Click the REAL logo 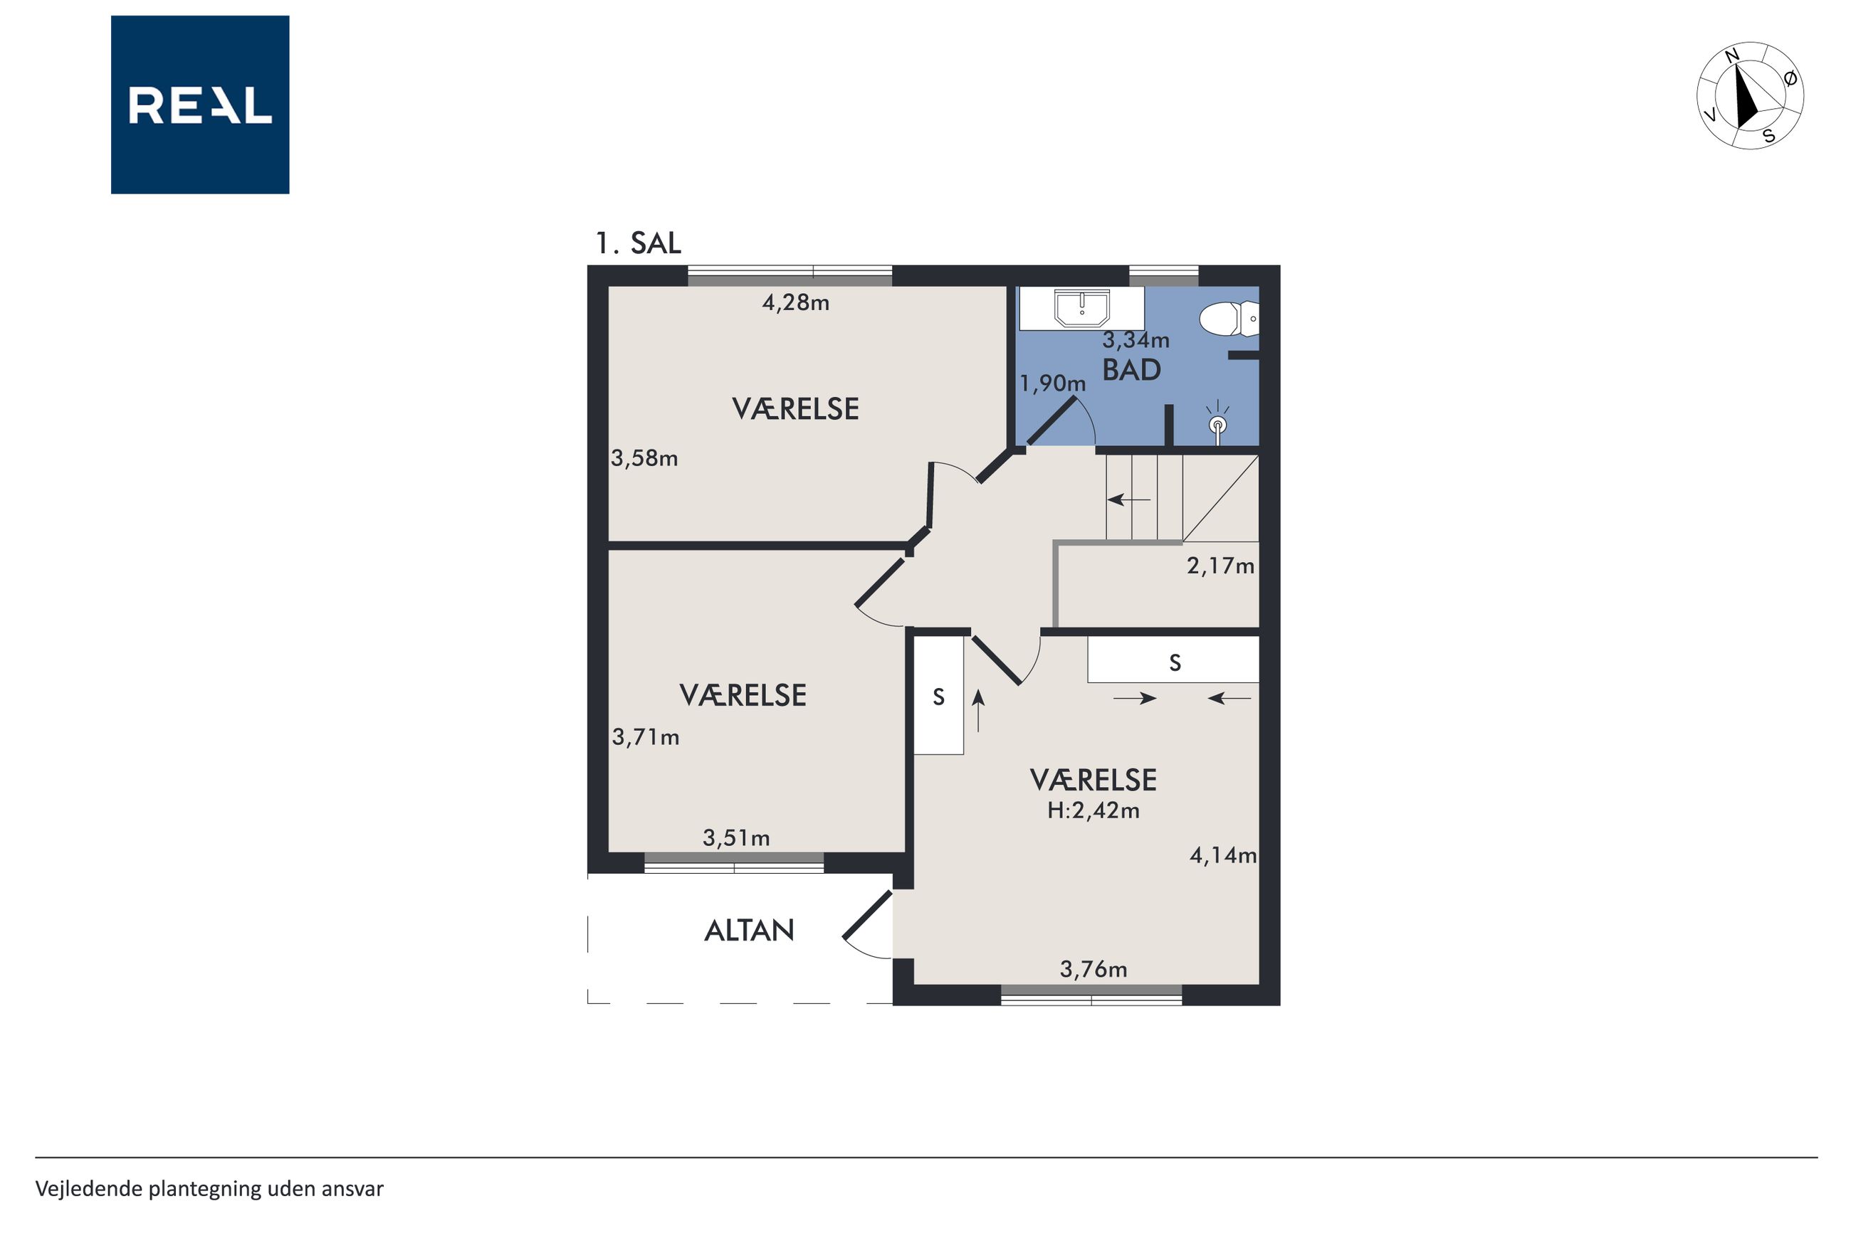(200, 105)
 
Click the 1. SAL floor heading (638, 243)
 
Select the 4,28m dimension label (795, 303)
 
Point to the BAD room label (1131, 369)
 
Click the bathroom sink (1081, 307)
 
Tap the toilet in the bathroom (1228, 319)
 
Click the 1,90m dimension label (1052, 383)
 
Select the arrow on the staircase (1129, 499)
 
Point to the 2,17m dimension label (1220, 566)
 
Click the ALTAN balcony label (749, 931)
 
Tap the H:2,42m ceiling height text (1093, 810)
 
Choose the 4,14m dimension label (1222, 855)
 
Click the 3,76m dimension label (1093, 970)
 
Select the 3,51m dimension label (735, 838)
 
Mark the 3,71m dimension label (645, 738)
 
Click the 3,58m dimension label (644, 458)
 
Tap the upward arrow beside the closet (979, 711)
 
